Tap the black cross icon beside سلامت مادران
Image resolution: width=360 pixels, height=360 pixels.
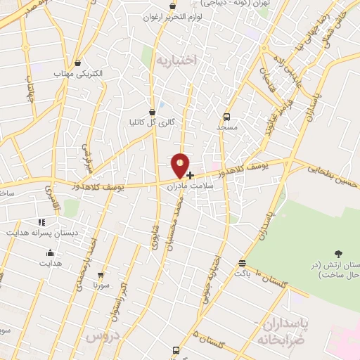coord(191,174)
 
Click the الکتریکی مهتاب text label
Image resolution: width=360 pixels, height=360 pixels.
coord(78,73)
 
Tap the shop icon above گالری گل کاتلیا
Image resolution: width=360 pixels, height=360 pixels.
coord(153,111)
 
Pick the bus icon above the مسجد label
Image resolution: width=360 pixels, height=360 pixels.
coord(226,117)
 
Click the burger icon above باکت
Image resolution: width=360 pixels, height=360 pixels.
coord(243,262)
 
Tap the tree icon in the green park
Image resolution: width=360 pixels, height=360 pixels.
coord(339,253)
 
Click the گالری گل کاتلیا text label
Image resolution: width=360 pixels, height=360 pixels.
coord(151,122)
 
